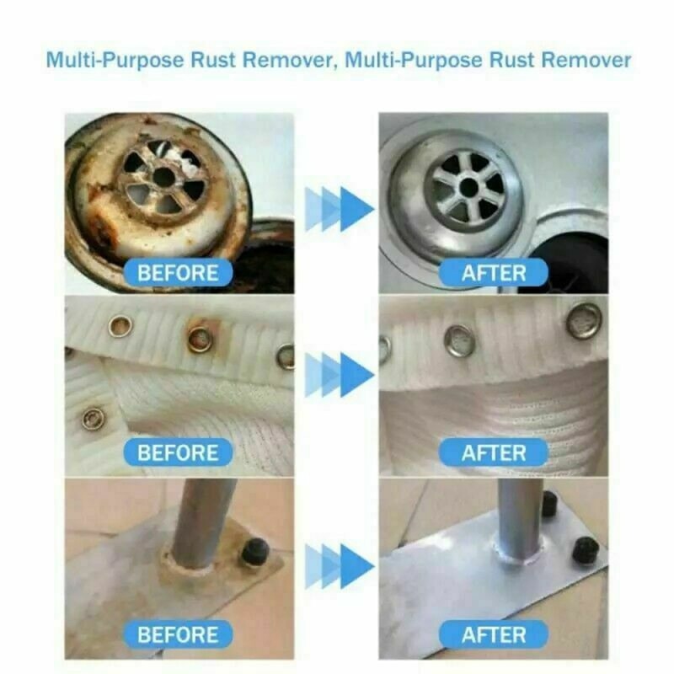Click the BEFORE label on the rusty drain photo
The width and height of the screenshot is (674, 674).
tap(177, 273)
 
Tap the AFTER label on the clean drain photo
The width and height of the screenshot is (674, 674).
tap(494, 273)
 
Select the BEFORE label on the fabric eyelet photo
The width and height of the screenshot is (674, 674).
tap(177, 452)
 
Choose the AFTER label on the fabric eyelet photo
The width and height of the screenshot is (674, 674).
tap(494, 452)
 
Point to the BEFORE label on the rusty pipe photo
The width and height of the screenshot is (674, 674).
tap(177, 634)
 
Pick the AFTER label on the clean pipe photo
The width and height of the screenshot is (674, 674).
tap(494, 634)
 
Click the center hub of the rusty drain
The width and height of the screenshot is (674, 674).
tap(161, 176)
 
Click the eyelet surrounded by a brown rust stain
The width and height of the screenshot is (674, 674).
tap(200, 340)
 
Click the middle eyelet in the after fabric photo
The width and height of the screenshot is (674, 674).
tap(461, 340)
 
